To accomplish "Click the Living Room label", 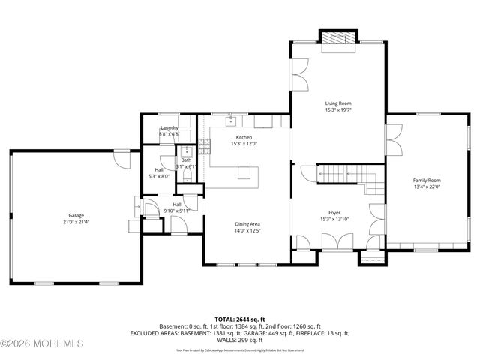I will click(x=338, y=103).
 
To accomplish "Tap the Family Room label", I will click(x=427, y=180).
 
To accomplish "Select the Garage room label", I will click(x=76, y=216).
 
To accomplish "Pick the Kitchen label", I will click(x=244, y=137).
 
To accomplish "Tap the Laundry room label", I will click(x=169, y=127).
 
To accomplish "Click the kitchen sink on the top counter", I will click(x=232, y=120).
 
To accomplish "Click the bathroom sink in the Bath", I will click(x=183, y=150).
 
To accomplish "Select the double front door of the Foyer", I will click(x=334, y=241).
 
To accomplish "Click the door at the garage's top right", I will click(x=120, y=158).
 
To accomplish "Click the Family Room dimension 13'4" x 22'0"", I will click(x=427, y=187).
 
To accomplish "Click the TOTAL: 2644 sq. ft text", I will click(x=239, y=319).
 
